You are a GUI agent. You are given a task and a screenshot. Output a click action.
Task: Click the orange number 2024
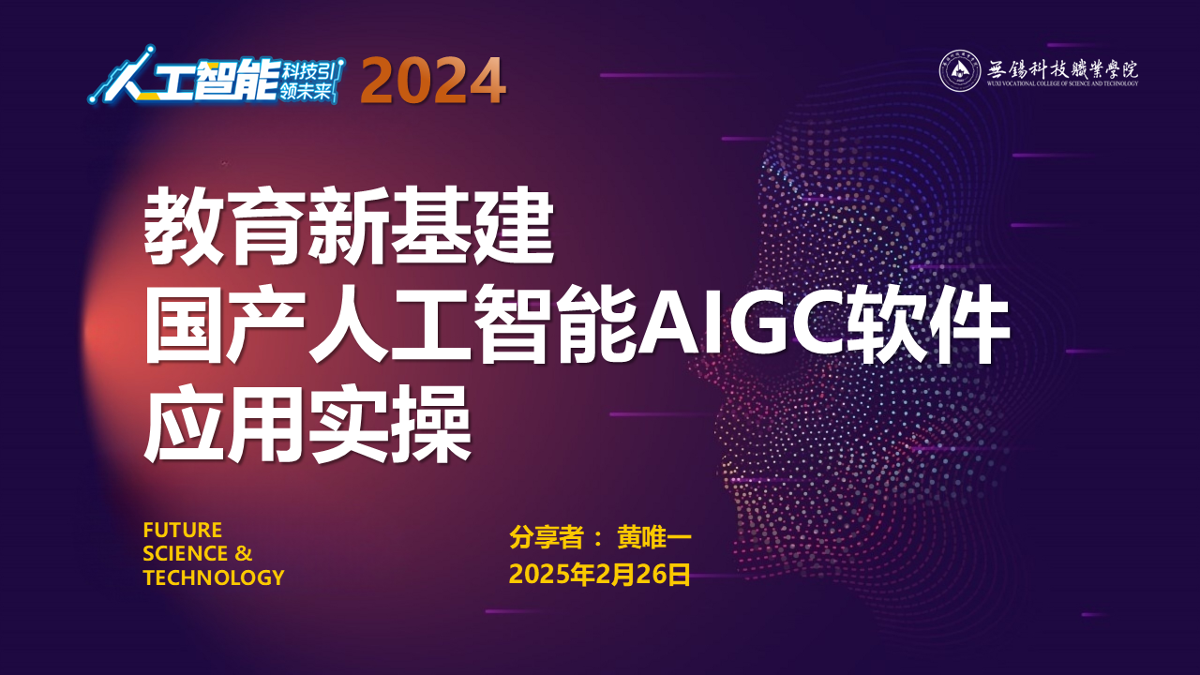[433, 81]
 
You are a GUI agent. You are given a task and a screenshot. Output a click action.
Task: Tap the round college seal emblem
[959, 70]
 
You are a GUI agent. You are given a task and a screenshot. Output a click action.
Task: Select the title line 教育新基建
[349, 226]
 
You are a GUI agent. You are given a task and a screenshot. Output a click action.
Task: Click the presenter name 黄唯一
[654, 537]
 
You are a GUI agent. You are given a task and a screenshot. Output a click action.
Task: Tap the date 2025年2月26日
[599, 575]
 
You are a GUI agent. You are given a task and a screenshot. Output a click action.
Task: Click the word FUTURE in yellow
[183, 531]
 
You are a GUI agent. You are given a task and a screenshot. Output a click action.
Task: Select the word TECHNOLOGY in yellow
[214, 577]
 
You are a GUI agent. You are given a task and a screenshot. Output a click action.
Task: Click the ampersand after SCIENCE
[243, 553]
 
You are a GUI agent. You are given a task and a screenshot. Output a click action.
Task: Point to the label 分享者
[546, 537]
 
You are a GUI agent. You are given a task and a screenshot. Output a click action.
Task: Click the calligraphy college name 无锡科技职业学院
[1063, 69]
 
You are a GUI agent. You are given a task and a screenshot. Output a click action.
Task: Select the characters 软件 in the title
[928, 325]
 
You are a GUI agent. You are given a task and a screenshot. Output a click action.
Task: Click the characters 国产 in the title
[226, 325]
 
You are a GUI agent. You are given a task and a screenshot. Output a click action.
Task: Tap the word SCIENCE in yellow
[186, 553]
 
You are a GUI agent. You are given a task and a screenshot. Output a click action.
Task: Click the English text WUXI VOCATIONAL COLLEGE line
[1063, 83]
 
